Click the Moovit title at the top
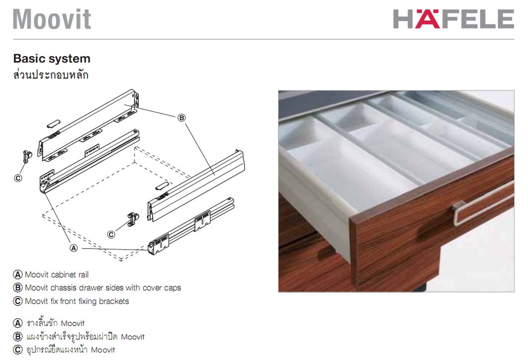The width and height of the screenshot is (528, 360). (52, 19)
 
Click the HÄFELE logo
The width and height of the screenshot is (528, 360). (453, 19)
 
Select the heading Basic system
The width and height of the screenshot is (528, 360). (52, 59)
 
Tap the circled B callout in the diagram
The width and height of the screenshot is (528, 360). (181, 118)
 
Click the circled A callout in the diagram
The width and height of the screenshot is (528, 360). (73, 248)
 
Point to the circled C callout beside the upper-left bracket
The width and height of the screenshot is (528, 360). (18, 178)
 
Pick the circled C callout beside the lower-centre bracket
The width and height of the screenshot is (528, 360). (111, 235)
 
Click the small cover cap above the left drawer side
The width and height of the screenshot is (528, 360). (54, 123)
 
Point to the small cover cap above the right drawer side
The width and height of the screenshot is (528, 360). (162, 186)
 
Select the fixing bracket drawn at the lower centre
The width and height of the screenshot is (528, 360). (133, 219)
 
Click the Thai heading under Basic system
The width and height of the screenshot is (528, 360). (51, 74)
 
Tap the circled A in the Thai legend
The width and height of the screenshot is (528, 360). (17, 323)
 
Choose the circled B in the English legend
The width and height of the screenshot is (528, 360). (17, 288)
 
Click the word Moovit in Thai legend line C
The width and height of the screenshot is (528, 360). (103, 350)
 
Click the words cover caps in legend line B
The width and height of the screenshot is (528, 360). (162, 288)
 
